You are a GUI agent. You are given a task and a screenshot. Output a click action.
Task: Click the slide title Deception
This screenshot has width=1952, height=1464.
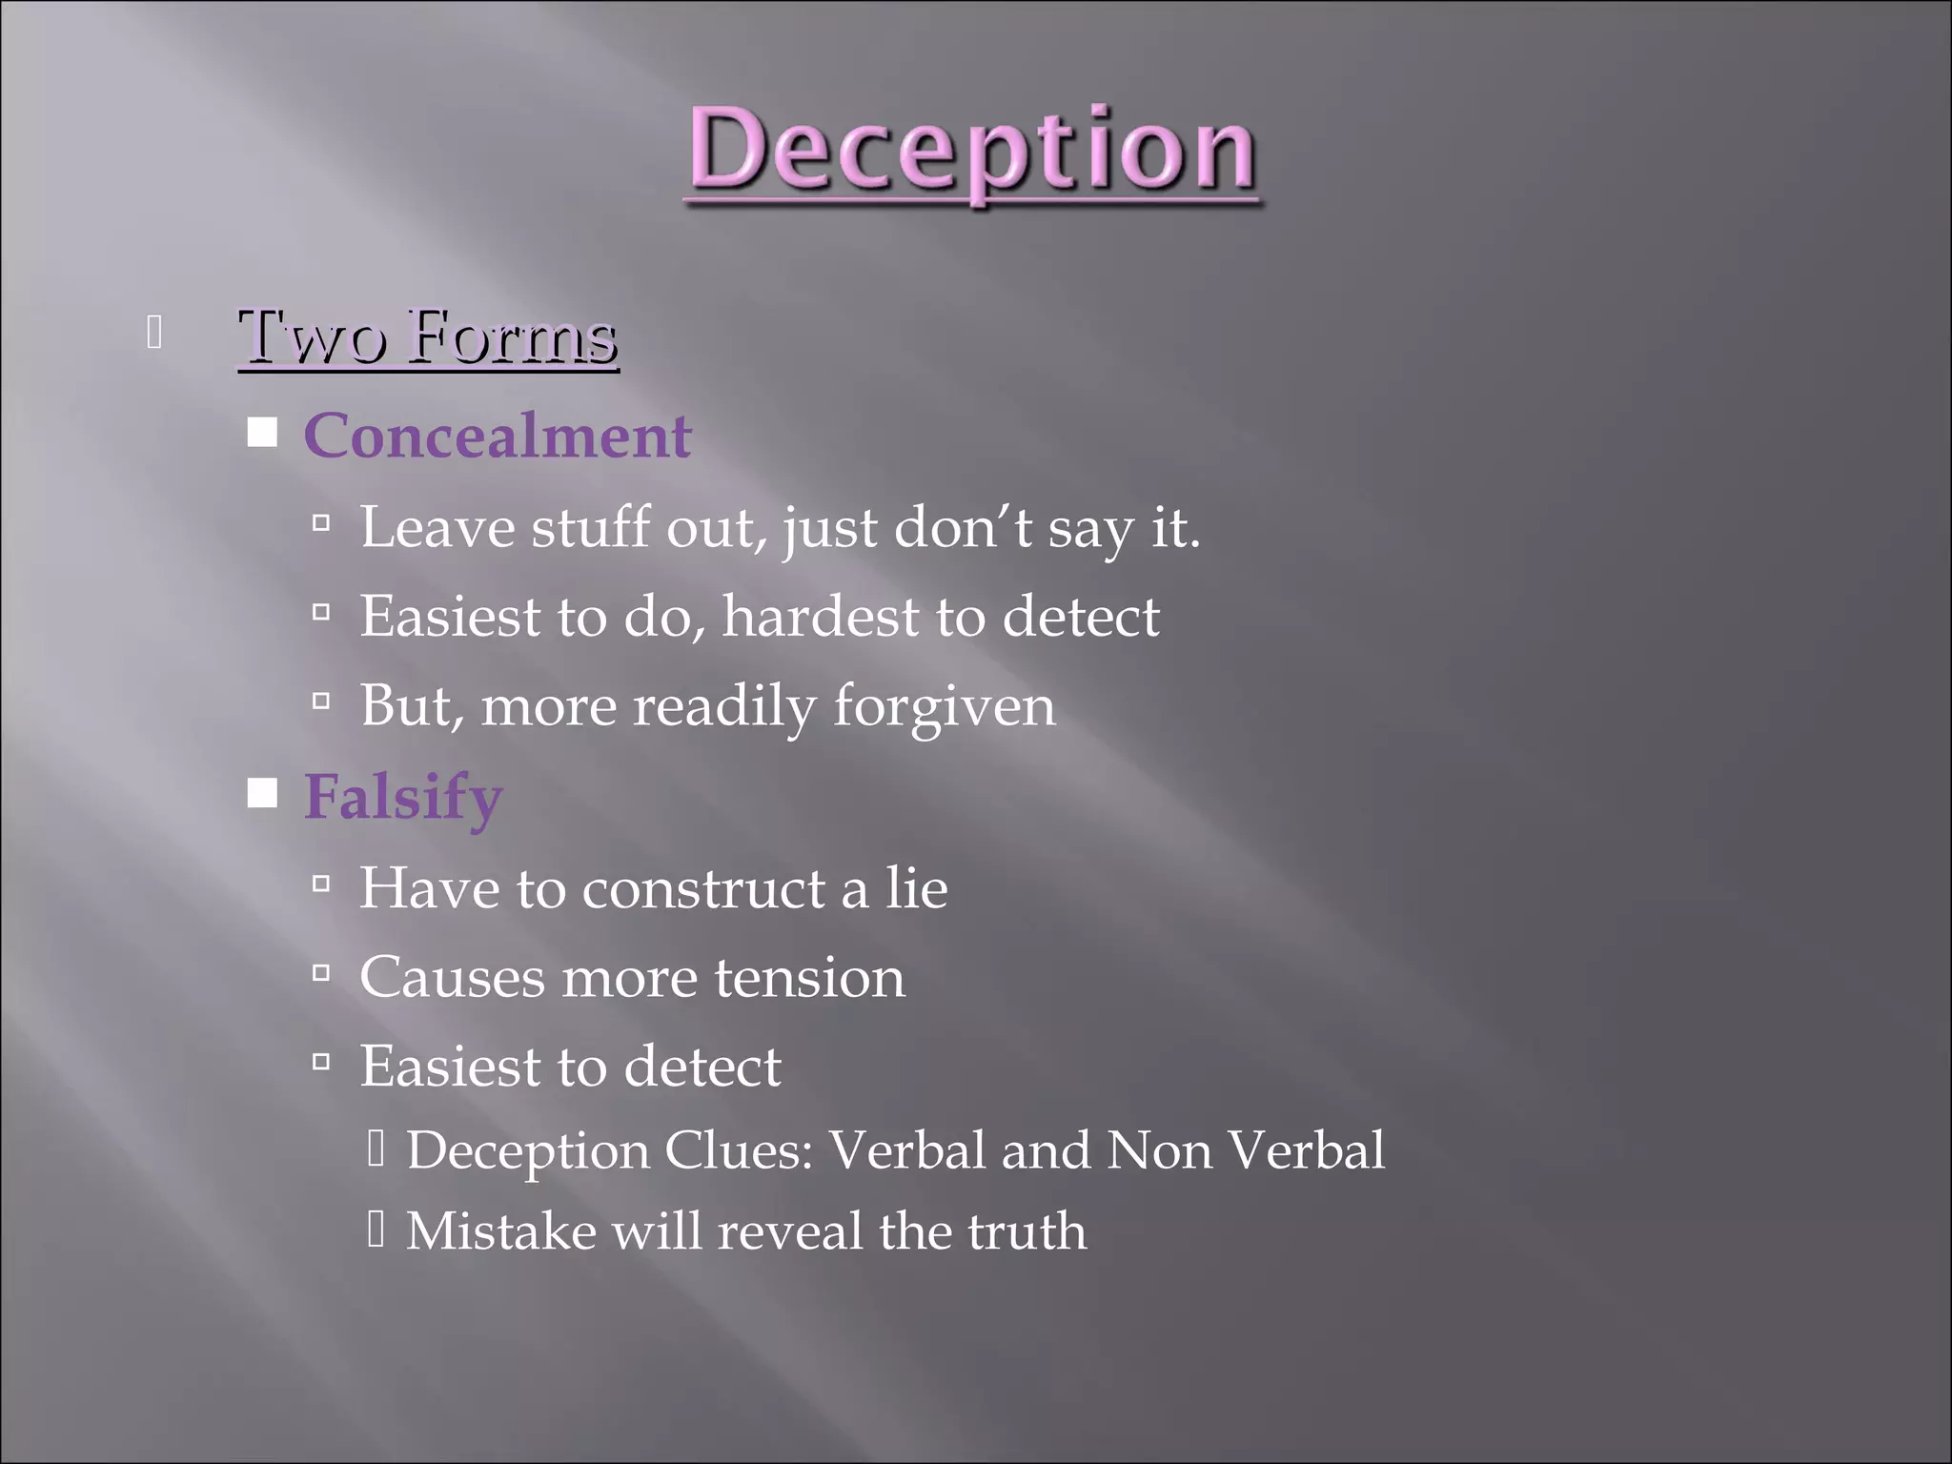click(972, 151)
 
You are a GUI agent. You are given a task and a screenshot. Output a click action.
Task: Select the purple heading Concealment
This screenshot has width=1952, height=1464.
click(497, 436)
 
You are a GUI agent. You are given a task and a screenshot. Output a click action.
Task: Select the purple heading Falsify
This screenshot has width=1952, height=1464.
click(402, 797)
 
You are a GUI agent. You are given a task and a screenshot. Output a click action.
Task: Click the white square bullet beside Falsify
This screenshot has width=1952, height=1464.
click(262, 793)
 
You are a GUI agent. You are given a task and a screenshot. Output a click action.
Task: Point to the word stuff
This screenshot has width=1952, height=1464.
click(590, 527)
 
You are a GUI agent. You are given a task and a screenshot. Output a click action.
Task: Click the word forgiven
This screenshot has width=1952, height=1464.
click(944, 706)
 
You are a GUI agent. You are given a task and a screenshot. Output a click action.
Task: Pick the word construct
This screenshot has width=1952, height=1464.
click(703, 888)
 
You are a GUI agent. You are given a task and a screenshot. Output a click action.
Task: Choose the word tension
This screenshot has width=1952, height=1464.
click(809, 978)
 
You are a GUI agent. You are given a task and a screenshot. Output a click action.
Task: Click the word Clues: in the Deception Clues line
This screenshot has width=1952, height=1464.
click(739, 1150)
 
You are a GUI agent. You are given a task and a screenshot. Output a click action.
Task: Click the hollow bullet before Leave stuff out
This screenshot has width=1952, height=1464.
click(321, 522)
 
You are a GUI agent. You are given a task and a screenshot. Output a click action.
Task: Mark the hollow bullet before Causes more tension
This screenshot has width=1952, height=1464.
click(321, 973)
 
